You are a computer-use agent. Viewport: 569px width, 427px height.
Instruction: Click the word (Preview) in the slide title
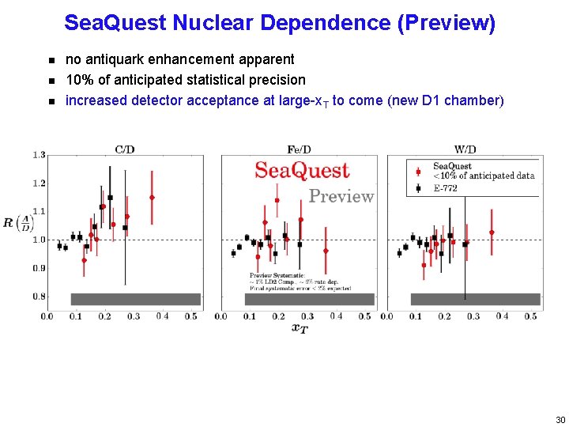pos(447,23)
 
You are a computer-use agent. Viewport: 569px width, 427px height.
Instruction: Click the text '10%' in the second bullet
pos(79,80)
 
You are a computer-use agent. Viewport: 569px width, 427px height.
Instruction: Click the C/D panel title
pos(124,149)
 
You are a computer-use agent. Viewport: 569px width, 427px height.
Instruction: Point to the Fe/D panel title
pos(299,149)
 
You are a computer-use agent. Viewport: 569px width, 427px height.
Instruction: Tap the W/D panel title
pos(465,149)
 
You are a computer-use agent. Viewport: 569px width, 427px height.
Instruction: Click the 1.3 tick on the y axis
pos(38,155)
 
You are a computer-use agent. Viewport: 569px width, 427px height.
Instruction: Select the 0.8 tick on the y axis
pos(38,297)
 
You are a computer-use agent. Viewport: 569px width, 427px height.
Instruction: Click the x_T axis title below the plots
pos(299,328)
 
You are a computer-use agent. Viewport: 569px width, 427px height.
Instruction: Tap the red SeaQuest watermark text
pos(302,170)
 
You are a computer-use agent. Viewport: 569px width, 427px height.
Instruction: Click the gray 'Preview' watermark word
pos(341,196)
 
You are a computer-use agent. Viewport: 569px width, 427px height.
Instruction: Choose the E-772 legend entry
pos(447,188)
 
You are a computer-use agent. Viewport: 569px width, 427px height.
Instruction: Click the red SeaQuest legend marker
pos(418,170)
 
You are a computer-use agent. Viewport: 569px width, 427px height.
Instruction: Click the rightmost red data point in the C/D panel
pos(152,198)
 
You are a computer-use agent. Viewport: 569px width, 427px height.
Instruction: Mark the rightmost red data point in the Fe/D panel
pos(326,251)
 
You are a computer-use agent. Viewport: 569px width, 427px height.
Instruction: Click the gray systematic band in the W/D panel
pos(475,299)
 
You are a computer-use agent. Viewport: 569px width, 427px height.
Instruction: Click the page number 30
pos(560,419)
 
